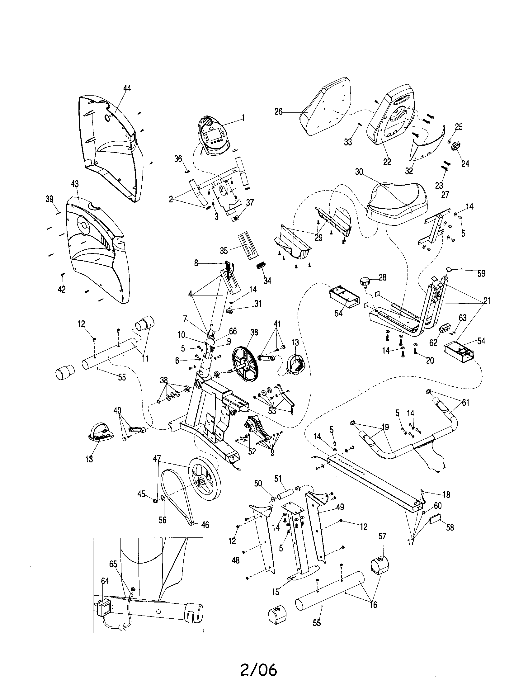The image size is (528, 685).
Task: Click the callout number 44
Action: coord(127,88)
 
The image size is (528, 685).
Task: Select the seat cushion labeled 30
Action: coord(398,202)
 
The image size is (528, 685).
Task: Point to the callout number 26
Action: coord(278,112)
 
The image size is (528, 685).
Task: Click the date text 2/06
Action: coord(259,668)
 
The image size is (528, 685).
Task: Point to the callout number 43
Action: coord(75,184)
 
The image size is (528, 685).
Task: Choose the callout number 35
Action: coord(224,251)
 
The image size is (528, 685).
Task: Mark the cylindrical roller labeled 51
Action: coord(285,497)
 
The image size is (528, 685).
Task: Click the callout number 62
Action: coord(433,343)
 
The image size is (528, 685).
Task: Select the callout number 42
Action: coord(62,289)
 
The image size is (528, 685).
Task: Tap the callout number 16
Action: coord(373,604)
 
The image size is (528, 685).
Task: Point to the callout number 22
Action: coord(387,162)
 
